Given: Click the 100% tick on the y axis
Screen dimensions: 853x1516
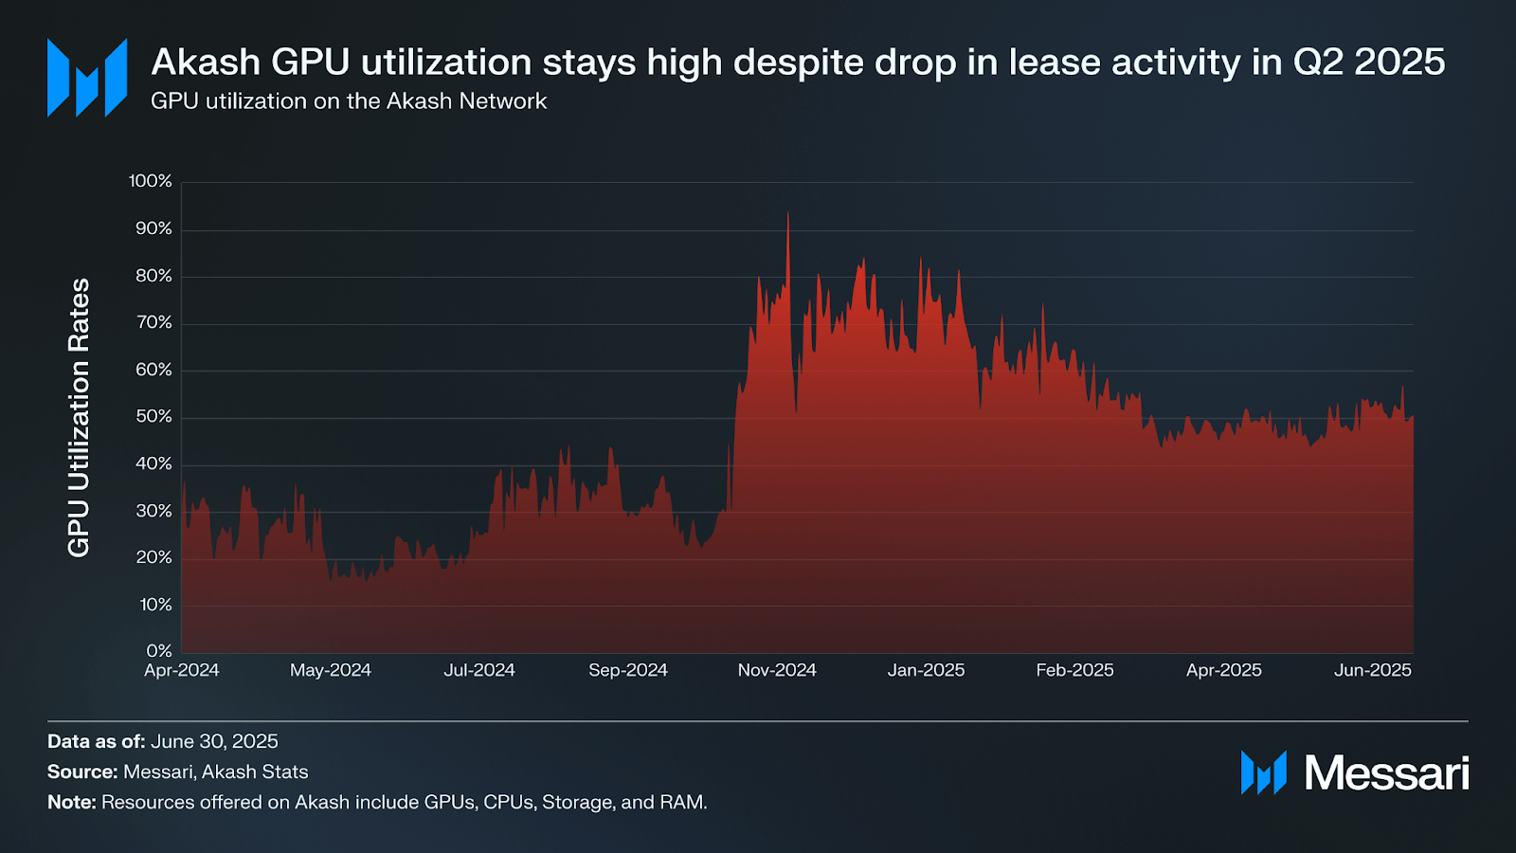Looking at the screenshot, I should (151, 181).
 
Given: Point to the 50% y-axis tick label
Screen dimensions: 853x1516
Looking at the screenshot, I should (153, 416).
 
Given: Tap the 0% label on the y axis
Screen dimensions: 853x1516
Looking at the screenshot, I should (159, 651).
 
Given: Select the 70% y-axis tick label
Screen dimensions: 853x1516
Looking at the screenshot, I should (153, 322).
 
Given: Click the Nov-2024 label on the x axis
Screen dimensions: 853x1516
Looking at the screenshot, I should (777, 670).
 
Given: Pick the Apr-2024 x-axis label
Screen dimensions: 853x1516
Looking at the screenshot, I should (182, 670).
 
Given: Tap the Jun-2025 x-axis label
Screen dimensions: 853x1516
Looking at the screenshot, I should (1372, 670).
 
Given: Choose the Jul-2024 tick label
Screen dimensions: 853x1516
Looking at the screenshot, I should (479, 670).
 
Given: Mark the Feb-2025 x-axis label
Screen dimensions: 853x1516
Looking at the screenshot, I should (1074, 670).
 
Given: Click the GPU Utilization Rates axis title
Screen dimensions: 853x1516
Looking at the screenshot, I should (79, 417).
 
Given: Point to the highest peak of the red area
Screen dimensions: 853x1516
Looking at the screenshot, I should (787, 214).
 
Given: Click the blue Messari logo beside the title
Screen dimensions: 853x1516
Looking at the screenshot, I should (87, 78).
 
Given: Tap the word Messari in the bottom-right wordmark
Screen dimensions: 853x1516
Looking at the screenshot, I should (1386, 773).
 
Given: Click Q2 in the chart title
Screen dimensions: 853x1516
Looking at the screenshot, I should (1319, 63).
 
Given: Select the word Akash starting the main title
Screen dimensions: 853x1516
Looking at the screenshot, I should (206, 63).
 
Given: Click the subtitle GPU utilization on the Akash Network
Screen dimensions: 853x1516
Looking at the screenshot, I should (349, 101).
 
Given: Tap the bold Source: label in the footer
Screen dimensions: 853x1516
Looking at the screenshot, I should (82, 771).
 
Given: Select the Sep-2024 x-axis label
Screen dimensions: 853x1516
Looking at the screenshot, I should (628, 670).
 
